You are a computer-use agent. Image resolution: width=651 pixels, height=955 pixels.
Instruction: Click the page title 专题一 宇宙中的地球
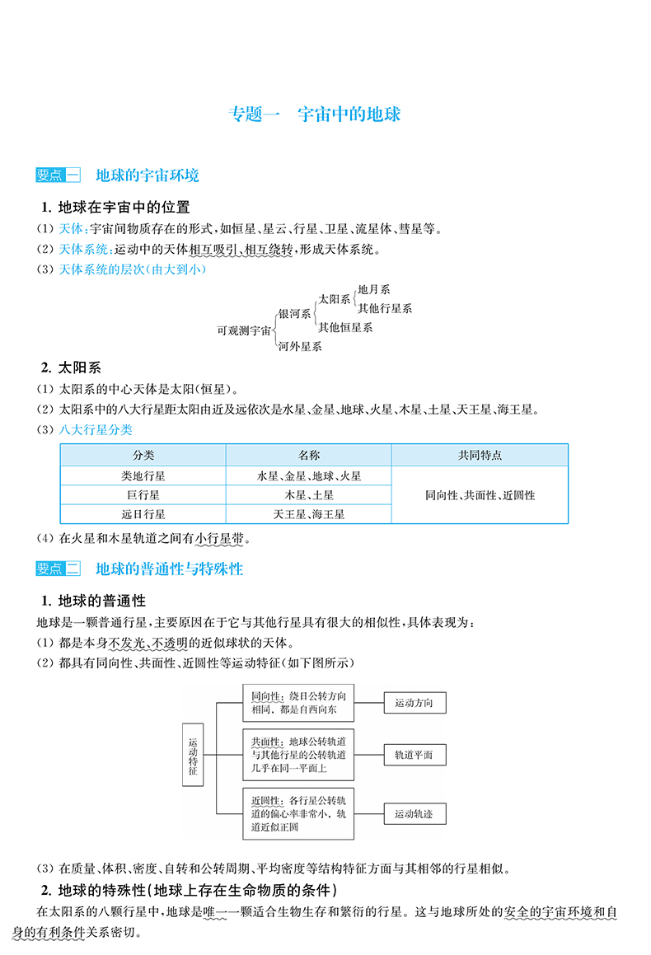click(x=314, y=114)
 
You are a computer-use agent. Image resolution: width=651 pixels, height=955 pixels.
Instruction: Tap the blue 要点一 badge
click(x=59, y=176)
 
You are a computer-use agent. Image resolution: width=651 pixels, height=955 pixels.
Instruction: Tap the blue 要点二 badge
click(x=59, y=569)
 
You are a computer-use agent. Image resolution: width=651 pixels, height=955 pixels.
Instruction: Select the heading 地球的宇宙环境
click(x=148, y=176)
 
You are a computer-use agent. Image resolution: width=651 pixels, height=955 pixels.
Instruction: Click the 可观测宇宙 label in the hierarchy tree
click(x=244, y=330)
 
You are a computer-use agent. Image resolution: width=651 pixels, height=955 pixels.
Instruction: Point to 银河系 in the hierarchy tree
click(x=295, y=314)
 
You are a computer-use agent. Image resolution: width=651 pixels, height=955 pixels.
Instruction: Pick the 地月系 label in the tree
click(x=374, y=290)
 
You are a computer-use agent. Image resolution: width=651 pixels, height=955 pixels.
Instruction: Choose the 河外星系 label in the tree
click(x=300, y=347)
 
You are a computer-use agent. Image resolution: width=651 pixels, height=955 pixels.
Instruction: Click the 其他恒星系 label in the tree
click(x=345, y=328)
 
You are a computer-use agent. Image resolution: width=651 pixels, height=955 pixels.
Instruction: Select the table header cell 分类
click(x=143, y=456)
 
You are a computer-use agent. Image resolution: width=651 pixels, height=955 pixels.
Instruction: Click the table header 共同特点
click(x=480, y=456)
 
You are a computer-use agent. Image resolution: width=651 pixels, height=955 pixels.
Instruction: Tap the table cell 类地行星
click(x=143, y=475)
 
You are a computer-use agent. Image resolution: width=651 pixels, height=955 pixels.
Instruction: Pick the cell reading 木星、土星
click(x=309, y=495)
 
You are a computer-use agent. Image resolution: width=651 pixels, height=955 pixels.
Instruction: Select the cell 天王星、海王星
click(x=309, y=515)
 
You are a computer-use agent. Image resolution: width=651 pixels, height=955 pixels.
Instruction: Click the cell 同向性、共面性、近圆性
click(x=480, y=495)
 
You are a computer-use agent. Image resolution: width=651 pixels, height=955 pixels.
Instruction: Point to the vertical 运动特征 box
click(x=193, y=756)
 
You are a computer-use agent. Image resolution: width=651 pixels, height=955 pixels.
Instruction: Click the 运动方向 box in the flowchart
click(x=414, y=703)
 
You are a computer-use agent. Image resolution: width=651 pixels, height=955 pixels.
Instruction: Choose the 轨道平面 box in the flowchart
click(x=414, y=756)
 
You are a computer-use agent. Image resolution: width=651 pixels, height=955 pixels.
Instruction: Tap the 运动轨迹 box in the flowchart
click(x=414, y=814)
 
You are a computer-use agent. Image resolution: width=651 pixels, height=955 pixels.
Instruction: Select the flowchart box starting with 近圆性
click(x=298, y=814)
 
